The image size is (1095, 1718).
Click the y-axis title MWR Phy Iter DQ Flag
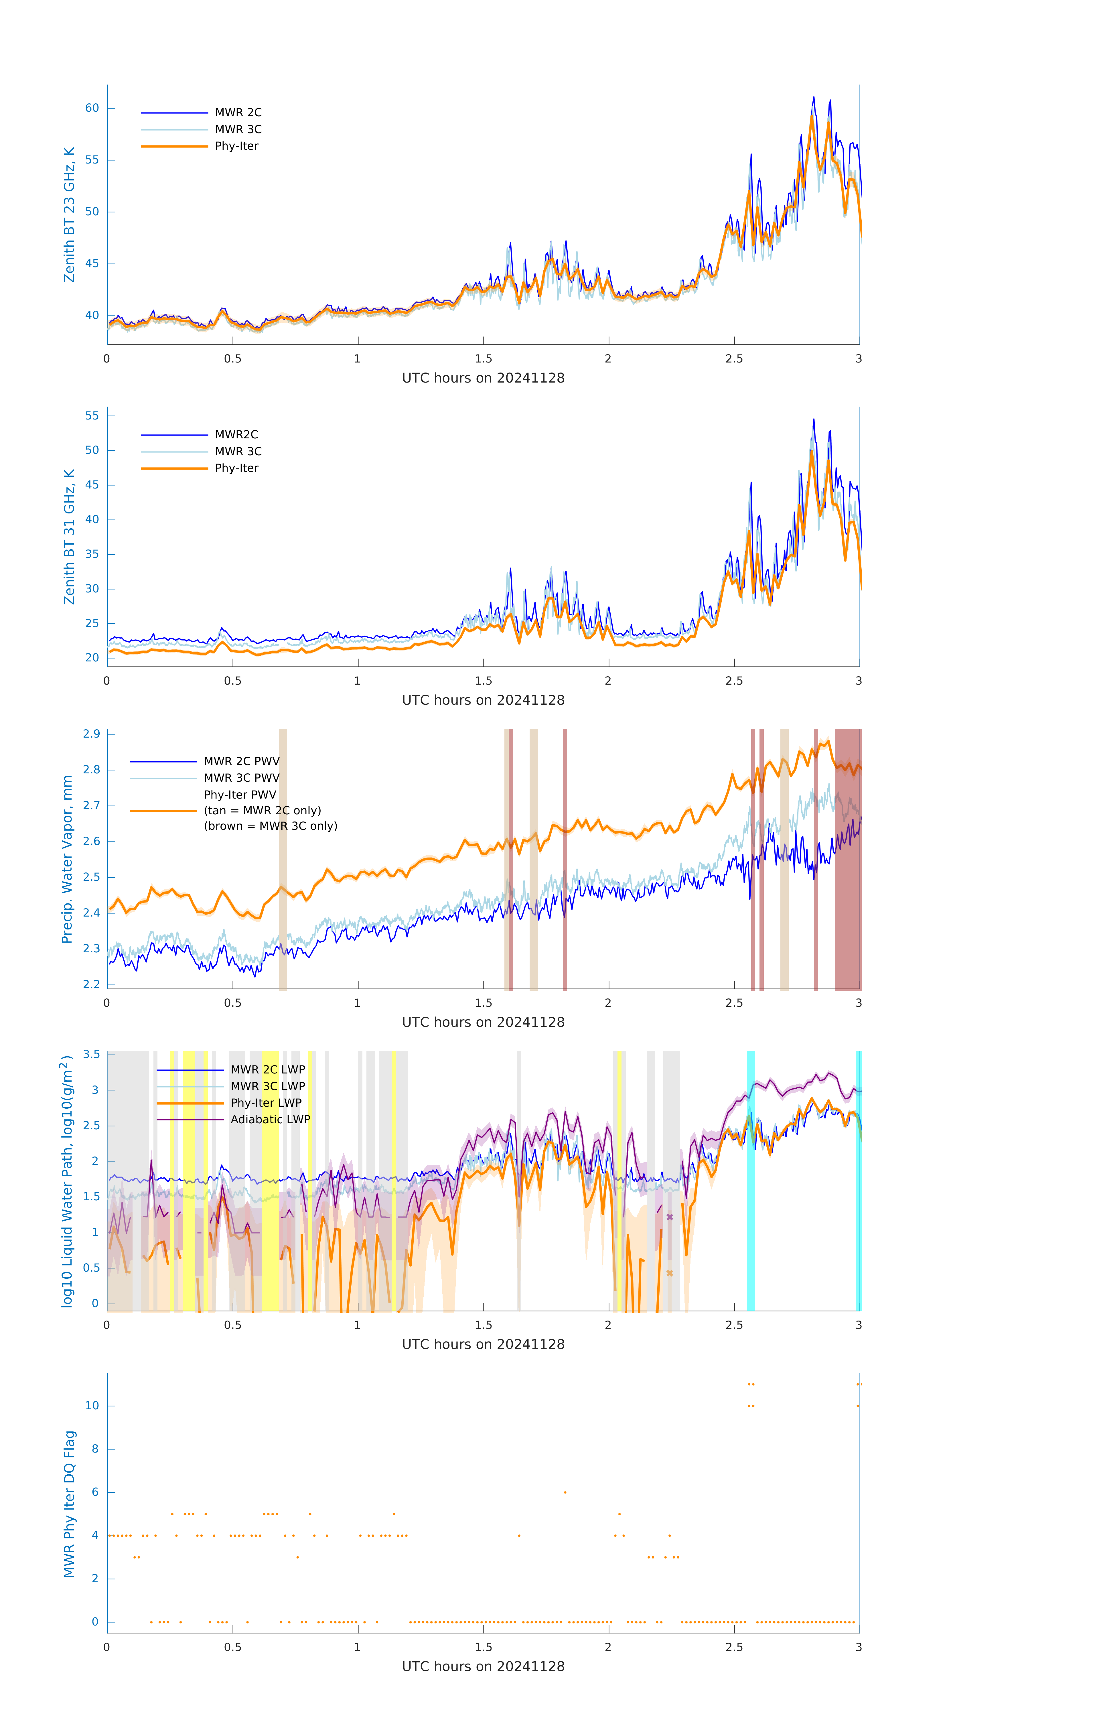pyautogui.click(x=69, y=1504)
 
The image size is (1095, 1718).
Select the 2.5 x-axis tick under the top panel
pyautogui.click(x=734, y=359)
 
